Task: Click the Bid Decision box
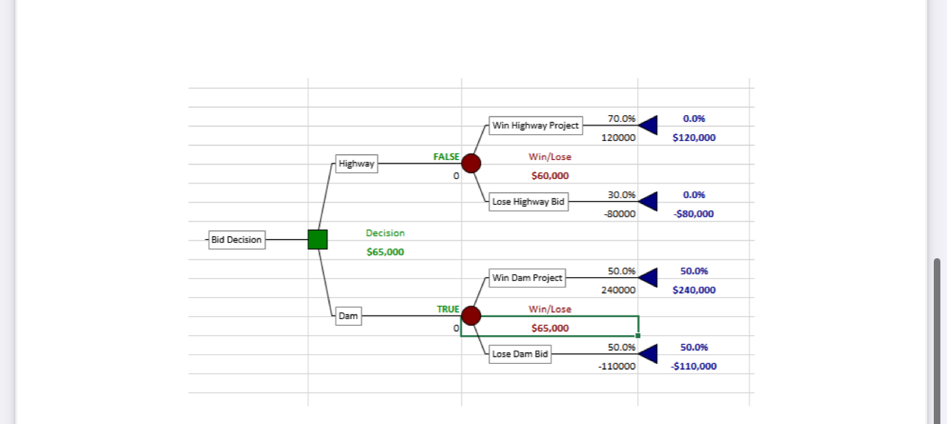coord(236,240)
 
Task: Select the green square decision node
coord(317,239)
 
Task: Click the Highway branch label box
coord(356,164)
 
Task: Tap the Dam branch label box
coord(348,316)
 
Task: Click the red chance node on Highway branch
coord(471,163)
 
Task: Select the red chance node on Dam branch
coord(471,315)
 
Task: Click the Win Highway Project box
coord(535,125)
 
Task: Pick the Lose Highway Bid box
coord(529,202)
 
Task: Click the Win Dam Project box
coord(527,278)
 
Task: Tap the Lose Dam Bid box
coord(520,354)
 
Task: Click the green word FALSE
coord(446,157)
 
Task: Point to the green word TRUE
coord(448,310)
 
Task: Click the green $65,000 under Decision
coord(385,252)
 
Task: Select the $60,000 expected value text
coord(550,176)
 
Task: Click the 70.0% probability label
coord(622,119)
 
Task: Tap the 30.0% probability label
coord(622,195)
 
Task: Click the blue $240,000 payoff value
coord(694,290)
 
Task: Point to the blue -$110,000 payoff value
coord(694,366)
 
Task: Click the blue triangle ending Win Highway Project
coord(648,125)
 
